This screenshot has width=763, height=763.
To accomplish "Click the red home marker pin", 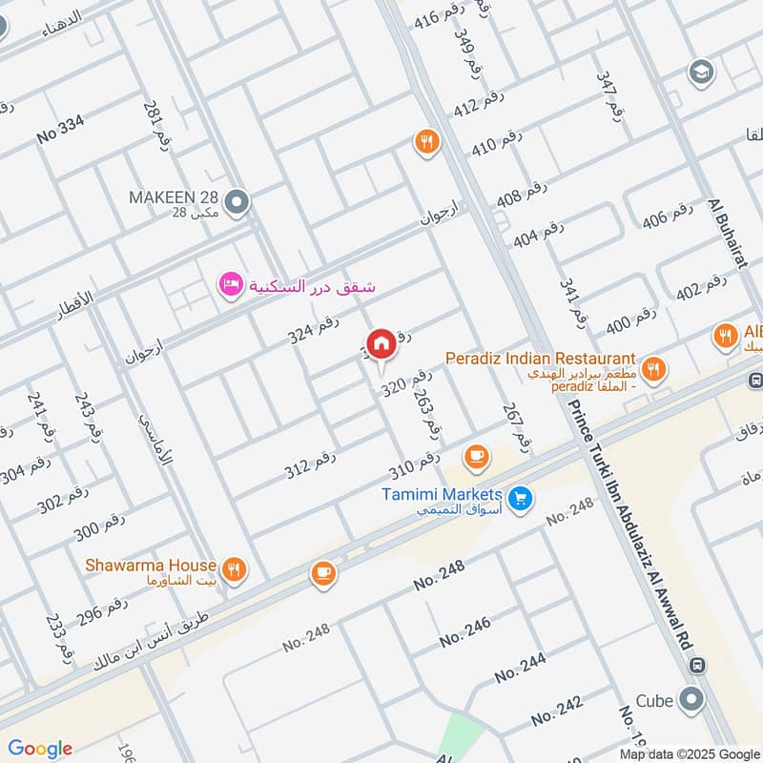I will [381, 343].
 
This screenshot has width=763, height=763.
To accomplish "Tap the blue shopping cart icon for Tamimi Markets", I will [520, 498].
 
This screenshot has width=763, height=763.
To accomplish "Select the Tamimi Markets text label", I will [442, 495].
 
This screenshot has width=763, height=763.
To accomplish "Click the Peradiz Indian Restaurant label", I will [541, 359].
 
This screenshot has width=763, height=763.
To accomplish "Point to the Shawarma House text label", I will [151, 566].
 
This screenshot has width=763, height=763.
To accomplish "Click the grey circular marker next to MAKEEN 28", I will [237, 201].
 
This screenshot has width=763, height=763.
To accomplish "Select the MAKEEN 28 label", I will [174, 197].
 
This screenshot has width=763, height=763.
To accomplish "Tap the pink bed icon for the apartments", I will [230, 285].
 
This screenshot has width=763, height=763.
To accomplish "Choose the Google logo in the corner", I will [39, 749].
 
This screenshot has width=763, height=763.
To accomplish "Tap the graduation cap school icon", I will [702, 72].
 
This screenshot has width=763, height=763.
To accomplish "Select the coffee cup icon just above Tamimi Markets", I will [476, 458].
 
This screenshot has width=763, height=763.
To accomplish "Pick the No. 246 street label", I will [465, 631].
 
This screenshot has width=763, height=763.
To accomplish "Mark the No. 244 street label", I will [520, 668].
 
